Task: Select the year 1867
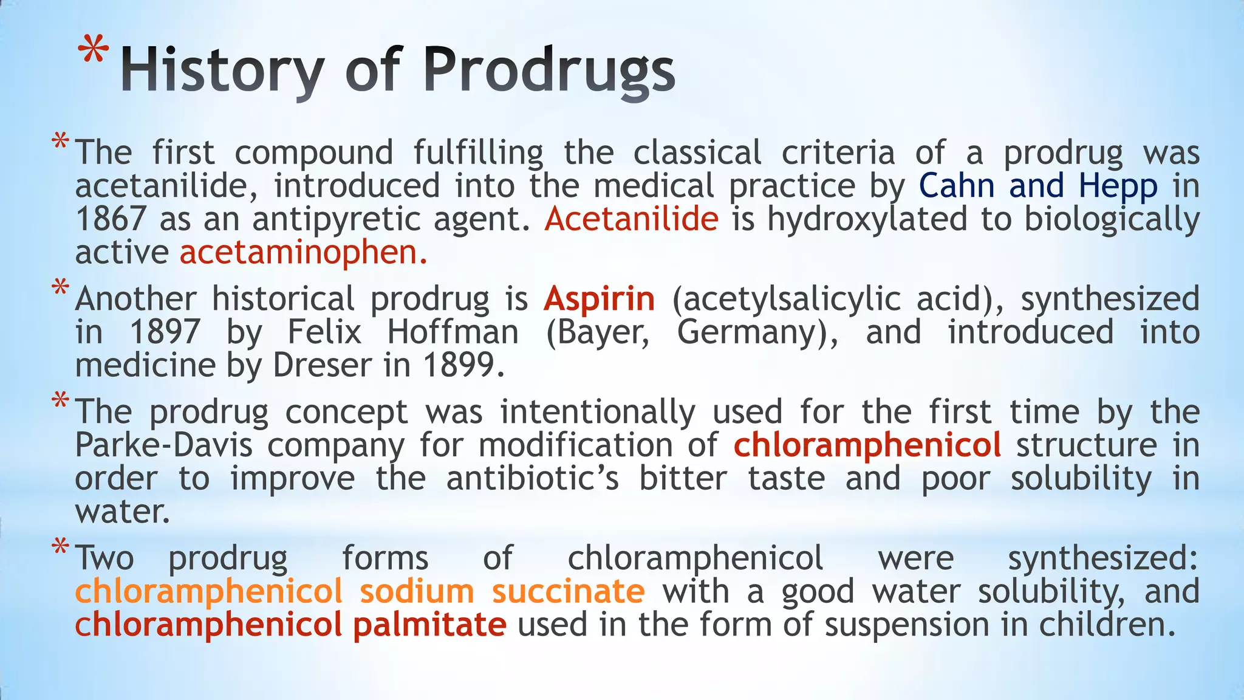point(111,219)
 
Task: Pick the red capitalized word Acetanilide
point(632,219)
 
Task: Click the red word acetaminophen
point(299,252)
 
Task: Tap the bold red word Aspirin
point(600,299)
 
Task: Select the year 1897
point(165,332)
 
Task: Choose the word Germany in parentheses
point(753,332)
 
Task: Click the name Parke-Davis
point(163,445)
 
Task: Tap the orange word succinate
point(568,591)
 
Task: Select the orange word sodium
point(417,591)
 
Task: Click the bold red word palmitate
point(429,625)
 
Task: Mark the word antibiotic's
point(533,479)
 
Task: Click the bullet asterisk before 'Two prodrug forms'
point(60,547)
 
